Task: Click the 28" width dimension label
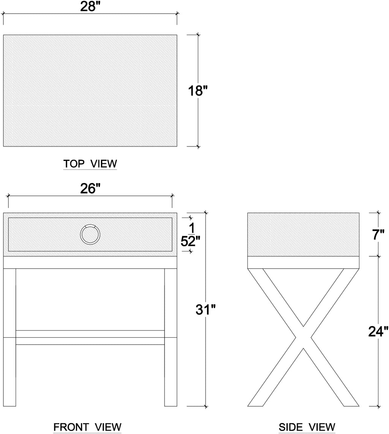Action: (x=90, y=6)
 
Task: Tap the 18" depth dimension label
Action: (x=198, y=91)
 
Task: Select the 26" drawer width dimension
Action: (x=90, y=189)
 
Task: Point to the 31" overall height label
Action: (x=206, y=309)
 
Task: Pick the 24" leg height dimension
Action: (x=378, y=331)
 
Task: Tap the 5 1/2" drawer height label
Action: (x=190, y=235)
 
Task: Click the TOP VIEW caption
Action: (x=90, y=164)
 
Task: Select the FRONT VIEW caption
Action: (x=87, y=427)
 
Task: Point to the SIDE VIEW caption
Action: (x=307, y=427)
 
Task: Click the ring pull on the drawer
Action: (x=90, y=234)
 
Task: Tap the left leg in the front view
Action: (x=9, y=337)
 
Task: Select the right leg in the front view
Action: (x=171, y=337)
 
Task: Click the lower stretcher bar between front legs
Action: (x=90, y=337)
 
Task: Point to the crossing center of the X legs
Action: (x=303, y=337)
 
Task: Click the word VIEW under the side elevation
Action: (x=323, y=427)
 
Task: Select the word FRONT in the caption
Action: (x=71, y=427)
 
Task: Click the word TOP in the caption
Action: (x=74, y=164)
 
